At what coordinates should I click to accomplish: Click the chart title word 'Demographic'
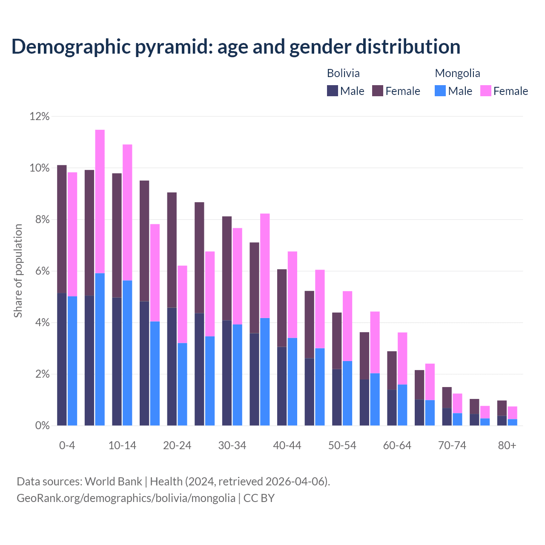pos(71,47)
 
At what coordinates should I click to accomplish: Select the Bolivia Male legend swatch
pos(333,91)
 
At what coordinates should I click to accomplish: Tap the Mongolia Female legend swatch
pos(486,91)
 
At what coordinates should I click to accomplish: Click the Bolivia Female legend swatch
pos(378,91)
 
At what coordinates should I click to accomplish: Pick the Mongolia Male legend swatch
pos(440,91)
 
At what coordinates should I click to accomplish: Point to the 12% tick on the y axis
pos(40,117)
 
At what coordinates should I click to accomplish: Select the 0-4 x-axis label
pos(67,446)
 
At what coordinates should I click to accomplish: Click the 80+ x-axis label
pos(507,446)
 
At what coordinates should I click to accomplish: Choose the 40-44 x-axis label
pos(287,446)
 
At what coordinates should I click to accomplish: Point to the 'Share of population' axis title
pos(18,271)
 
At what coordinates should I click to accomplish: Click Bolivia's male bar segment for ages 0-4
pos(62,359)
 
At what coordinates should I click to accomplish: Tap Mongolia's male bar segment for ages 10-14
pos(127,353)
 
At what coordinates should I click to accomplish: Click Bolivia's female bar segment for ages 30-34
pos(227,268)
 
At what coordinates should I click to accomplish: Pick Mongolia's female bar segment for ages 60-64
pos(402,359)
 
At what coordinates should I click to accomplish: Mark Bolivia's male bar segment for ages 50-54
pos(337,397)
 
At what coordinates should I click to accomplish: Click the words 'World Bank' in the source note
pos(113,482)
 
